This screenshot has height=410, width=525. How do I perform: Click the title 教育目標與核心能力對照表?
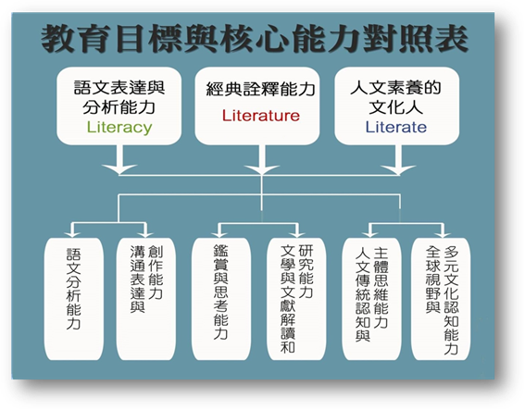point(254,39)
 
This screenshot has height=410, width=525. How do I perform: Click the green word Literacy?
point(119,128)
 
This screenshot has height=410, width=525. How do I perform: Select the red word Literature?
point(261,116)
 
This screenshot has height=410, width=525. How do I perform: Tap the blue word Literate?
point(395,127)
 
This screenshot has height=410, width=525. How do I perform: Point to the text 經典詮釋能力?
point(260,90)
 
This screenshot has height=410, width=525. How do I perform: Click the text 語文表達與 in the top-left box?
point(119,88)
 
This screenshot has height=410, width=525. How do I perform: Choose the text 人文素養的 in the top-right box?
point(395,88)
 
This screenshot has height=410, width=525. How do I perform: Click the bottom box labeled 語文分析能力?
point(74,299)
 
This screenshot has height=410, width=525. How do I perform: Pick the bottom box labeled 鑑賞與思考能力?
point(221,299)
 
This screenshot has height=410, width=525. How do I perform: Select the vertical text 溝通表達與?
point(137,280)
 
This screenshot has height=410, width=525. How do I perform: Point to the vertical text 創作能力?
point(156,272)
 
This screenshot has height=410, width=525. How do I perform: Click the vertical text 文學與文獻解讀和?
point(288,299)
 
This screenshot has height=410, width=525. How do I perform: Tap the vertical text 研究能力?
point(306,271)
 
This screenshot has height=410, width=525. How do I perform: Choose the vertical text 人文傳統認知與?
point(363,294)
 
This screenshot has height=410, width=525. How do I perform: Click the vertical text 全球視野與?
point(433,280)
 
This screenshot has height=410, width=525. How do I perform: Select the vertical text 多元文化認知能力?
point(451,300)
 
